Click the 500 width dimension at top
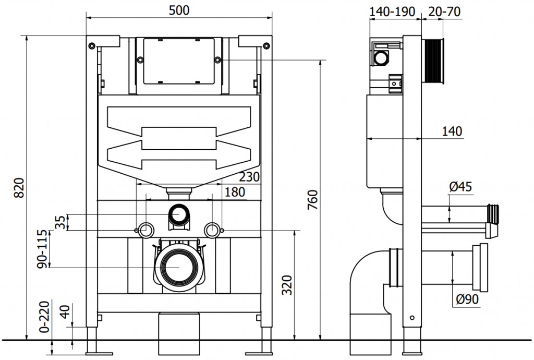click(179, 10)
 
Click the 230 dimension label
click(249, 177)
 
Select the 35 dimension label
click(60, 222)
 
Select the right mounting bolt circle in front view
click(211, 230)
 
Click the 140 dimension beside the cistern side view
click(452, 131)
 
